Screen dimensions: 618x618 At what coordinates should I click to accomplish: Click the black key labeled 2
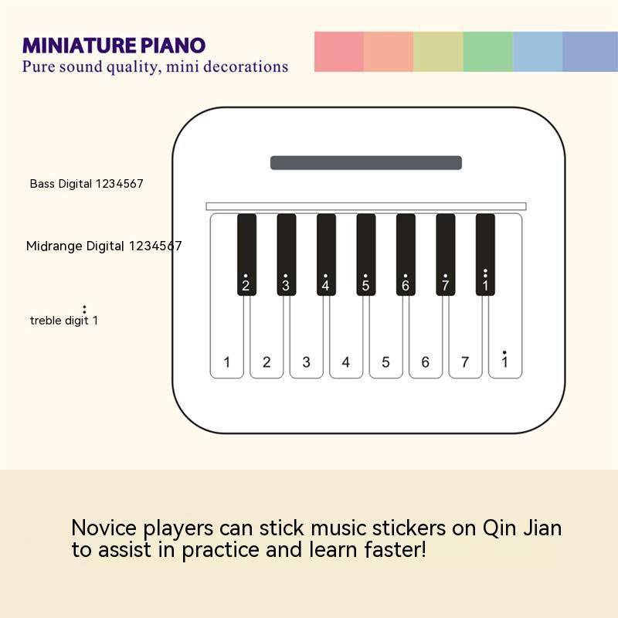pos(246,255)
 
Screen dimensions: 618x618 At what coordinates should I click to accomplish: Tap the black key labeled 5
pos(366,255)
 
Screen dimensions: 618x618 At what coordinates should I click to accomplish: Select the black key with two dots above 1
pos(485,255)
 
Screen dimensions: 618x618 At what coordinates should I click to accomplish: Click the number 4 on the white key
pos(345,362)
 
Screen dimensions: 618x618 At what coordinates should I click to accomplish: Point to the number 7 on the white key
pos(465,362)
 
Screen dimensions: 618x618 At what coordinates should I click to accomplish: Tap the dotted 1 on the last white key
pos(504,359)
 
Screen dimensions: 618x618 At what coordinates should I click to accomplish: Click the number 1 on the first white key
pos(226,362)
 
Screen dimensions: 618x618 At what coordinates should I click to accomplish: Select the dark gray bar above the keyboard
pos(366,163)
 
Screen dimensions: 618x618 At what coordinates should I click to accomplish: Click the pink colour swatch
pos(339,52)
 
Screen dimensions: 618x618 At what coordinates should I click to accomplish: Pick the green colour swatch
pos(488,52)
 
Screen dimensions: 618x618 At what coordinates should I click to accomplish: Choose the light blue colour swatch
pos(538,52)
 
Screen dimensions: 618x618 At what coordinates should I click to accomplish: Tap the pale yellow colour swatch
pos(438,52)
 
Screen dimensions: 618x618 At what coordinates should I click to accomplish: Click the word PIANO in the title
pos(173,46)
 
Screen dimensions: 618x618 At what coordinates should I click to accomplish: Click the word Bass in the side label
pos(42,184)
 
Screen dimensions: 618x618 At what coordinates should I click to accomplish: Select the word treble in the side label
pos(46,321)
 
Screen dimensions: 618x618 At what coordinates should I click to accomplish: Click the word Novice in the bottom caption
pos(104,528)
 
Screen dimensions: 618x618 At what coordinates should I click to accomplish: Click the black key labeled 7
pos(446,255)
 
